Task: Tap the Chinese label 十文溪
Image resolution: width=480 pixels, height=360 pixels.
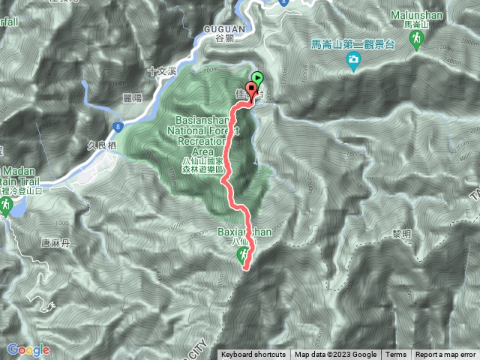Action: click(162, 71)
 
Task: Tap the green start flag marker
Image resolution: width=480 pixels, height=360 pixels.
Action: click(257, 77)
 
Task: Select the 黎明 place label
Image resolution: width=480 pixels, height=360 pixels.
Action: click(402, 234)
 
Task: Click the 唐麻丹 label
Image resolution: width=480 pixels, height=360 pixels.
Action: click(33, 242)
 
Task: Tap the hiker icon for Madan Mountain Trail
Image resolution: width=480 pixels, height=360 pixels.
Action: click(6, 204)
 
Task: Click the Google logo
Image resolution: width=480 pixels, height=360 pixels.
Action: click(28, 349)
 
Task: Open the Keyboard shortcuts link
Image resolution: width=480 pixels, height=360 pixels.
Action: click(253, 355)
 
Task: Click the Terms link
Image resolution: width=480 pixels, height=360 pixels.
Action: click(396, 355)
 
